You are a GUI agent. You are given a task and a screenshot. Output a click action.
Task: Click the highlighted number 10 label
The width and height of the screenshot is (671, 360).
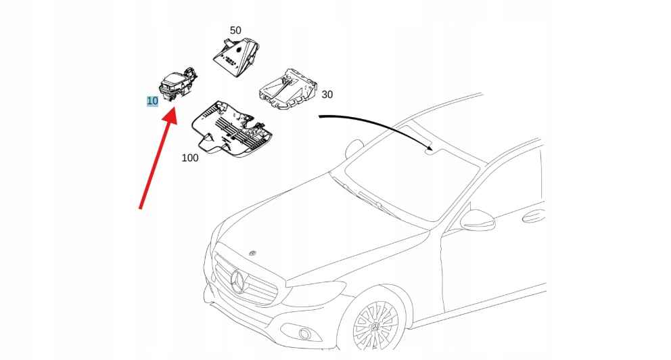pos(153,101)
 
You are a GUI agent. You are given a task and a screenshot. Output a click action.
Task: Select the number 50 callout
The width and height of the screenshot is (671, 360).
pos(235,30)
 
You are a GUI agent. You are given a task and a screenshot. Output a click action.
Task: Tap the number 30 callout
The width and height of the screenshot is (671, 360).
pos(327,95)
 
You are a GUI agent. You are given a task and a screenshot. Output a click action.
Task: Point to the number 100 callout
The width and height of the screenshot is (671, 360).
pos(190,158)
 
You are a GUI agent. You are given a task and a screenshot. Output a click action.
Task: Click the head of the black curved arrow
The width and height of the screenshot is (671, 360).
pos(430,148)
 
